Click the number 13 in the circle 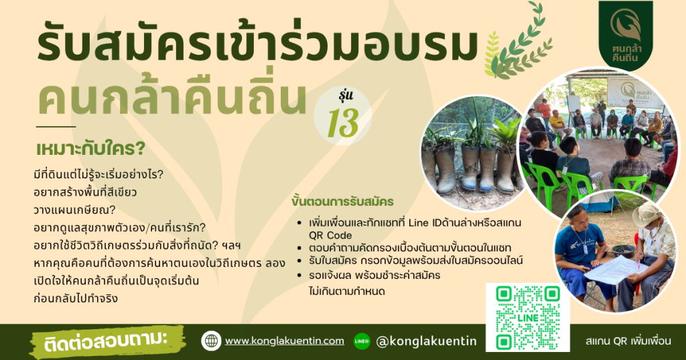343,123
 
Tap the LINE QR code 528,318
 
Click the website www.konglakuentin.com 284,341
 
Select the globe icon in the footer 211,341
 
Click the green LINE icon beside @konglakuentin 362,341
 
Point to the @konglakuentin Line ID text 426,341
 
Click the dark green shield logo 626,35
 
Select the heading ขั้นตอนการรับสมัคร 342,202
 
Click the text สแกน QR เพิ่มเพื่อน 628,341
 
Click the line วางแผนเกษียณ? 74,210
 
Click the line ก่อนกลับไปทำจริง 76,299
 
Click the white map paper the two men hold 615,269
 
